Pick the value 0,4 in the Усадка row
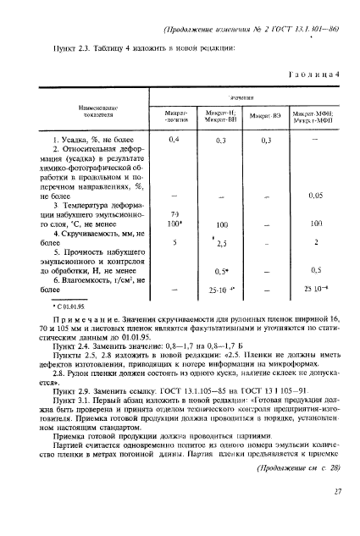[x=152, y=138]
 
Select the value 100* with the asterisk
[x=152, y=224]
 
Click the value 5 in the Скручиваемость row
[x=151, y=243]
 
